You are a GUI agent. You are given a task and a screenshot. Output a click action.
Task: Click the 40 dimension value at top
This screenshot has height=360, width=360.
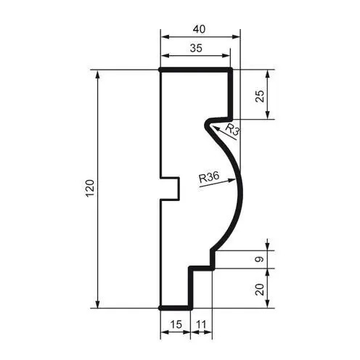[x=199, y=29]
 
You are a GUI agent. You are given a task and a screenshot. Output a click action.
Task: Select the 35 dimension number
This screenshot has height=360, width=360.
[x=196, y=48]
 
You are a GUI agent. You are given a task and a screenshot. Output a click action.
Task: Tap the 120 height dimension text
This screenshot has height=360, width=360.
[x=90, y=189]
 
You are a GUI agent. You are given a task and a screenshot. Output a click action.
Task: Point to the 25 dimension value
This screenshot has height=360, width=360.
[x=260, y=96]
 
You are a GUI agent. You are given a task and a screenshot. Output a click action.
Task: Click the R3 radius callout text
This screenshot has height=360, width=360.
[x=232, y=129]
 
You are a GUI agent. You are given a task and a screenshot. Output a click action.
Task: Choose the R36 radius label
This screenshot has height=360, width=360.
[x=209, y=177]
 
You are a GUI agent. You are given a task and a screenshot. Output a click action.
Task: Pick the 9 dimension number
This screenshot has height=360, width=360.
[x=260, y=259]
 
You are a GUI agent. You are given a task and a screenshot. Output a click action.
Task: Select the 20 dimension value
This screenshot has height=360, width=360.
[x=260, y=290]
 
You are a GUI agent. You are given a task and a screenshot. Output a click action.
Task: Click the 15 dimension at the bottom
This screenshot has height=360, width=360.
[x=176, y=324]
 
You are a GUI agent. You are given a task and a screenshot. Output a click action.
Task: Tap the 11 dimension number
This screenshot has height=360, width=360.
[x=200, y=324]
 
